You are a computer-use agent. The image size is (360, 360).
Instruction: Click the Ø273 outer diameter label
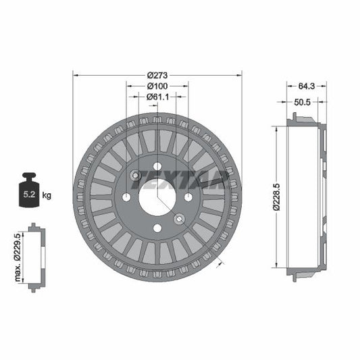pyautogui.click(x=158, y=74)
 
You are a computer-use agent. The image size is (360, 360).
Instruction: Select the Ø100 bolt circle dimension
pyautogui.click(x=158, y=86)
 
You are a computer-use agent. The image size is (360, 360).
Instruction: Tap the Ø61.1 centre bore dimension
pyautogui.click(x=158, y=97)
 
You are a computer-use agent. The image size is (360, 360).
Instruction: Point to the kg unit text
pyautogui.click(x=47, y=196)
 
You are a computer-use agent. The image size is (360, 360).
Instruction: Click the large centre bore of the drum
pyautogui.click(x=157, y=197)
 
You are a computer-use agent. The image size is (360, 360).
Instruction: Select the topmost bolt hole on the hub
pyautogui.click(x=157, y=167)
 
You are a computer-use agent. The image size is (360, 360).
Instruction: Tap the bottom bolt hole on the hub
pyautogui.click(x=157, y=228)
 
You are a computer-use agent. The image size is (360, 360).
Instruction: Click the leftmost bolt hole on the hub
pyautogui.click(x=126, y=197)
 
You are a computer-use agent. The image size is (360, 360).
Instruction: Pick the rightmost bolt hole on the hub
pyautogui.click(x=188, y=197)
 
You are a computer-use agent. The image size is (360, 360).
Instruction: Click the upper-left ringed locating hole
pyautogui.click(x=135, y=176)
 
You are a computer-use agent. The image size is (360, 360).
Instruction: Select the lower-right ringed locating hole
pyautogui.click(x=179, y=219)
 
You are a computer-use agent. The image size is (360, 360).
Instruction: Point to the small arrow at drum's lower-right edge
pyautogui.click(x=218, y=263)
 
